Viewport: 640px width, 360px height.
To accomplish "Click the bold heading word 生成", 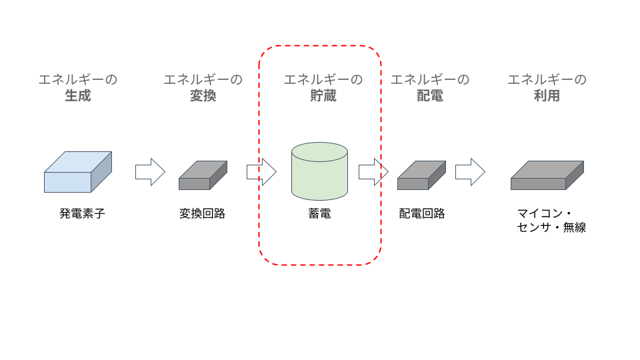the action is (x=77, y=96).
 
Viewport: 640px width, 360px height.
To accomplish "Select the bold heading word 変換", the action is (x=203, y=96).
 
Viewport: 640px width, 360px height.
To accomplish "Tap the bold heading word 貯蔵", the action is (x=323, y=96).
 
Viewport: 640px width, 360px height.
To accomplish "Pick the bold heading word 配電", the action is (x=430, y=96).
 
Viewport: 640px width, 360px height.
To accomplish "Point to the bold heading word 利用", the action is (x=547, y=96).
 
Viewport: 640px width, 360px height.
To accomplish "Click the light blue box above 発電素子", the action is (x=77, y=172).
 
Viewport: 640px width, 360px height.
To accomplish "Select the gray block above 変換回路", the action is (x=203, y=175).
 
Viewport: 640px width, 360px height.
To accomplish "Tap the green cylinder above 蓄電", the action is (x=319, y=171).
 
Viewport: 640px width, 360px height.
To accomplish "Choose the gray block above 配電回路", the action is (x=421, y=175).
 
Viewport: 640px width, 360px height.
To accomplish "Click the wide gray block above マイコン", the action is (x=547, y=175).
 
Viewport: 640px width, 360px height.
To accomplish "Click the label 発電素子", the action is (x=82, y=213).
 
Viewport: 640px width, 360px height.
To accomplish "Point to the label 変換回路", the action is (x=203, y=213).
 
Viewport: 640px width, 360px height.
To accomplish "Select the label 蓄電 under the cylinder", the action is (x=319, y=213).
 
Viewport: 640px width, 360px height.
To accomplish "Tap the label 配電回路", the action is (x=422, y=213).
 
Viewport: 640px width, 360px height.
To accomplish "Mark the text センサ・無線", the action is (x=551, y=227).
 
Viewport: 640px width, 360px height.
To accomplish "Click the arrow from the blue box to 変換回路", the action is (x=150, y=172).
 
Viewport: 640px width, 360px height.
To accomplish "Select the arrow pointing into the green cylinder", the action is (x=261, y=172).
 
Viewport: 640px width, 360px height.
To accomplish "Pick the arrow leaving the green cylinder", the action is (x=373, y=172).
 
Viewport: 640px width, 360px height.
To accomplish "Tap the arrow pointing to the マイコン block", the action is (x=470, y=172).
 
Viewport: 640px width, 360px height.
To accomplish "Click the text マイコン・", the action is (x=545, y=213).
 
